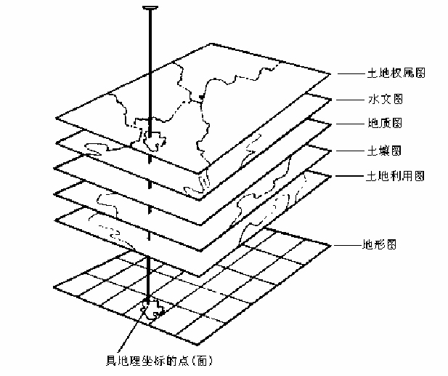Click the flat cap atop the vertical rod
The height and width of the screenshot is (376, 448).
(150, 8)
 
